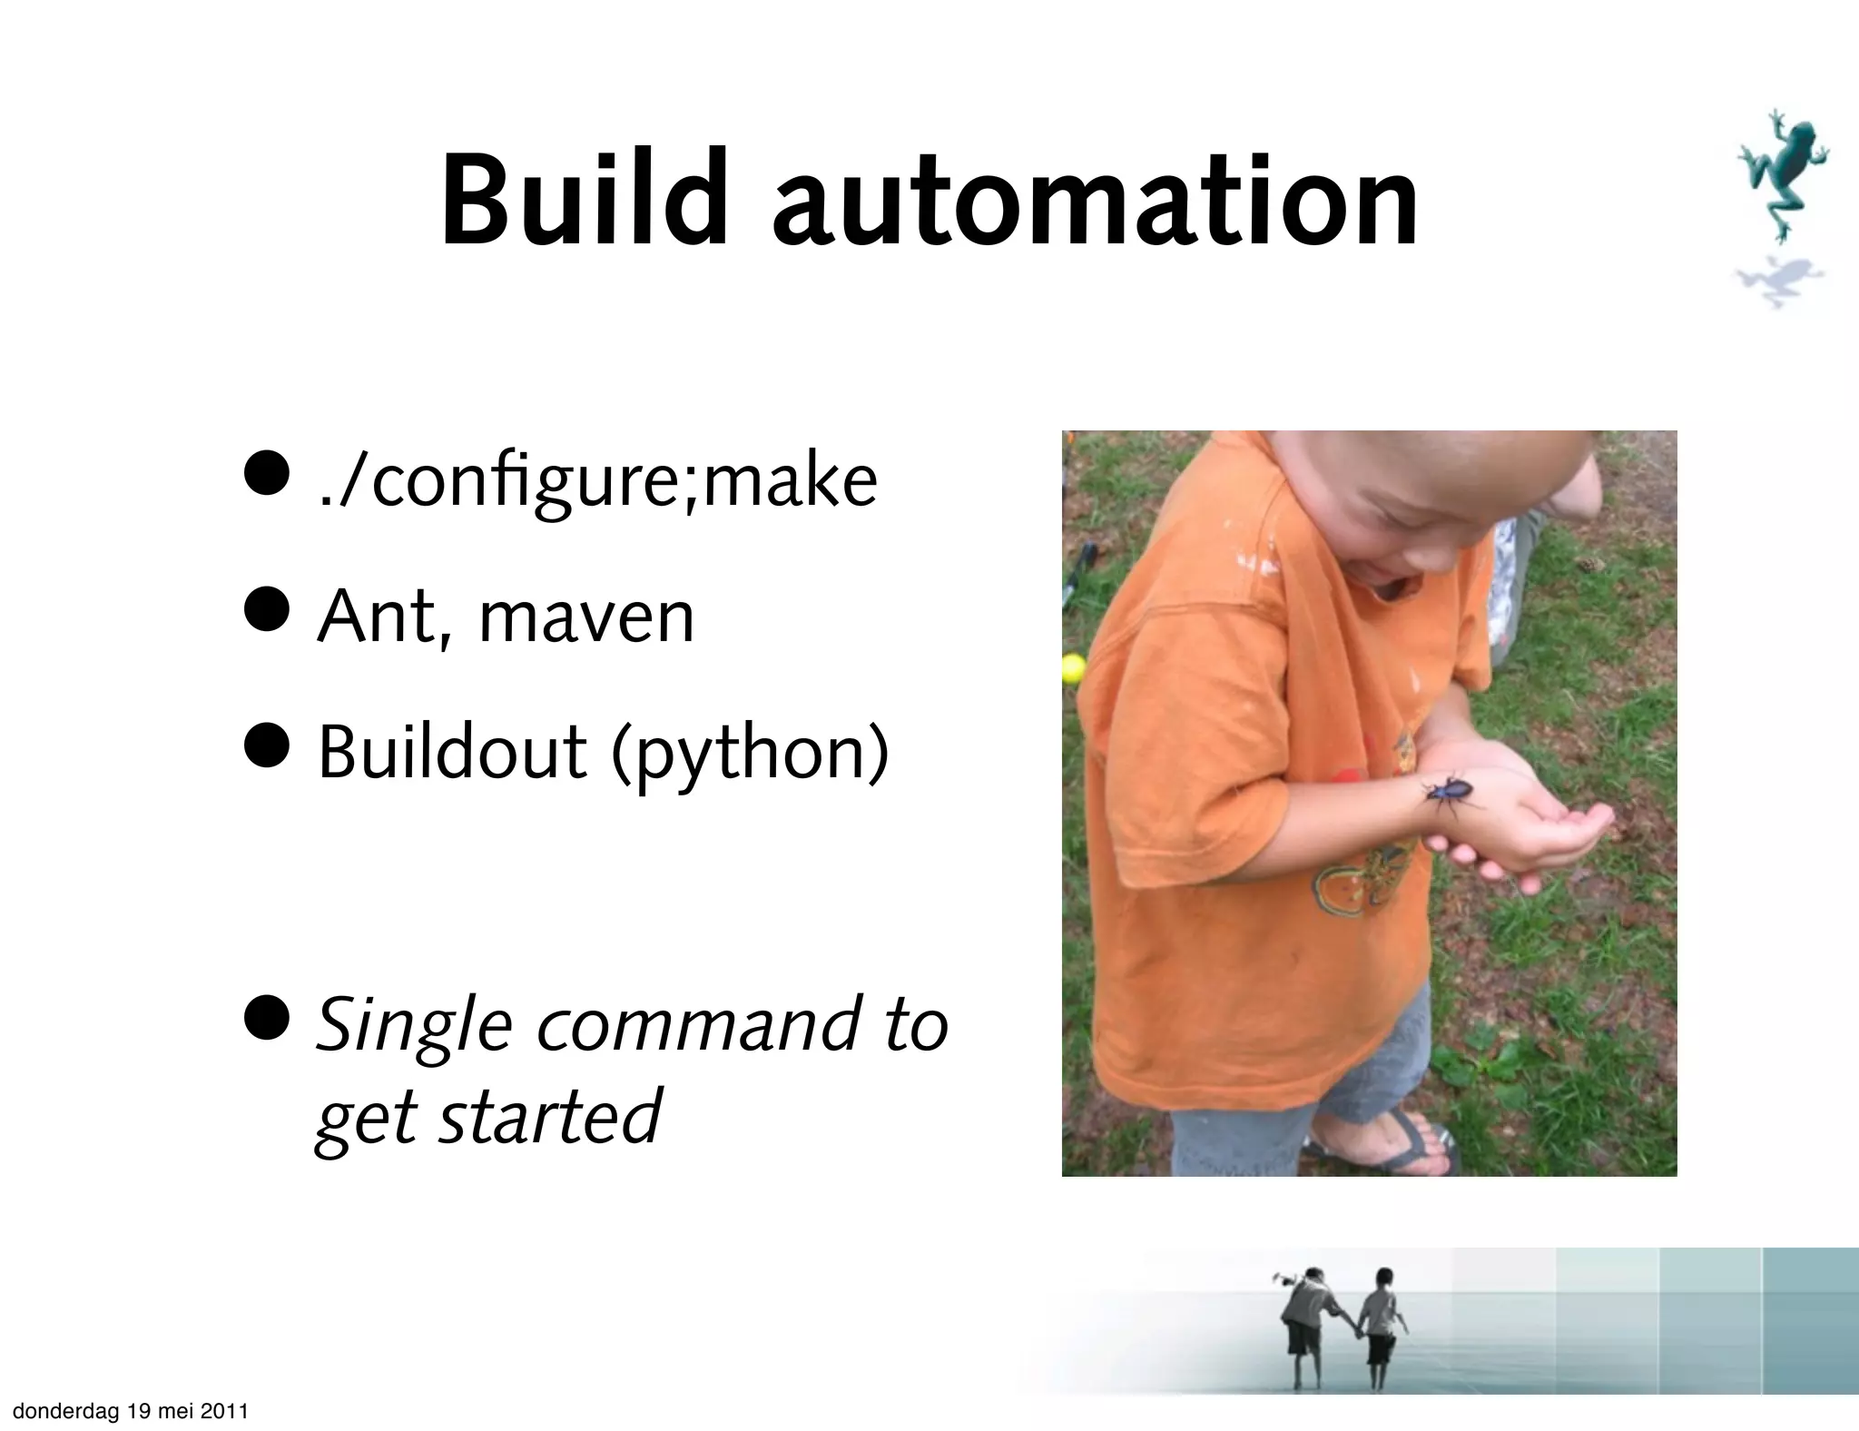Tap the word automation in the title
click(x=1095, y=202)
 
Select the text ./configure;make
click(x=598, y=482)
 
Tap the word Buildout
click(x=452, y=754)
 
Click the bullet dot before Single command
click(x=270, y=1016)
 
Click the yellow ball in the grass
click(x=1073, y=668)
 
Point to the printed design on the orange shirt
click(x=1362, y=876)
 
